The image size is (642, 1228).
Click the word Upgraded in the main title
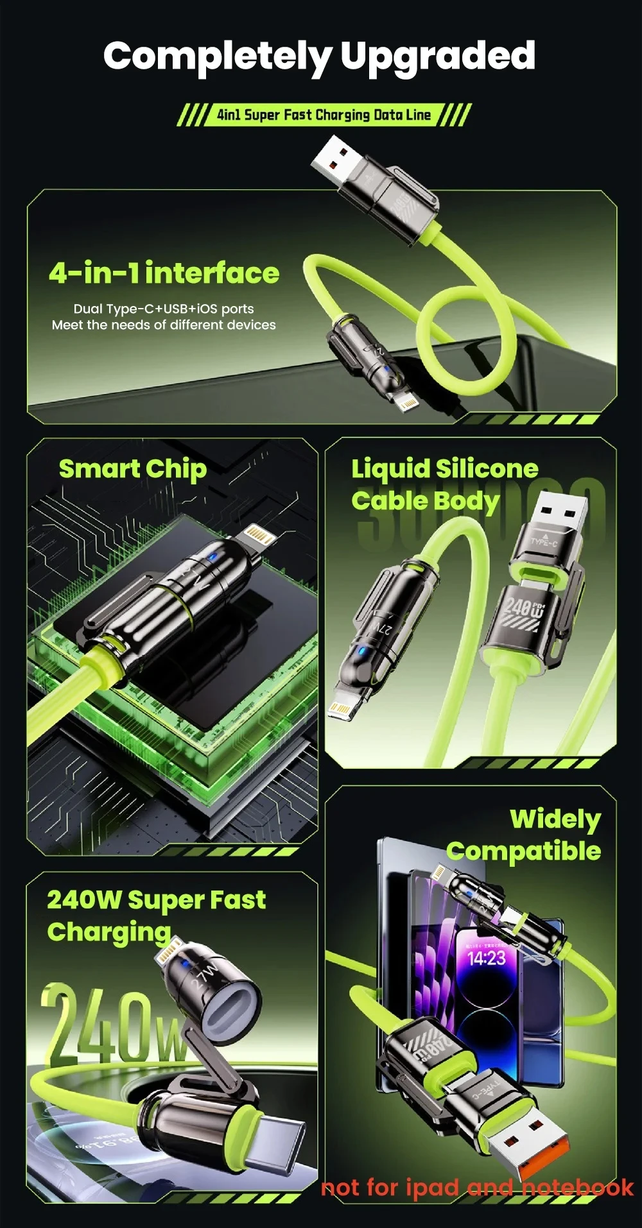(x=438, y=56)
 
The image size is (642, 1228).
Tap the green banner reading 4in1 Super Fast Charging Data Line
(x=324, y=115)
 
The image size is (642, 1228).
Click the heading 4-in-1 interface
(x=164, y=273)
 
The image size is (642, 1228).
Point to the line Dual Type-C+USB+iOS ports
(x=164, y=309)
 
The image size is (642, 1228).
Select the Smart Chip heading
(x=133, y=469)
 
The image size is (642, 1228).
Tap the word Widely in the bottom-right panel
(x=555, y=819)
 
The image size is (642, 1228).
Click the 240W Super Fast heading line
(x=156, y=900)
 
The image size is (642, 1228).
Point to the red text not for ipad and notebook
(x=477, y=1187)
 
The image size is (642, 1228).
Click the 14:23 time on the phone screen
(x=487, y=959)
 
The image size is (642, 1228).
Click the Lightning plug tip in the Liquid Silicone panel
(x=340, y=706)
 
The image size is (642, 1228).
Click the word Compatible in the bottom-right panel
(x=524, y=851)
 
